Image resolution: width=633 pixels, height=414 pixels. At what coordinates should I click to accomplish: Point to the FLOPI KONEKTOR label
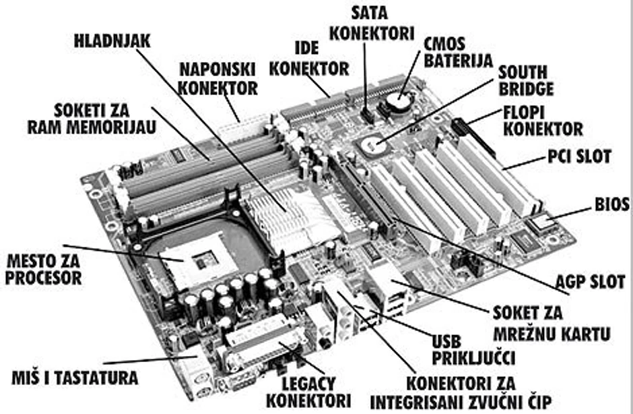pyautogui.click(x=543, y=119)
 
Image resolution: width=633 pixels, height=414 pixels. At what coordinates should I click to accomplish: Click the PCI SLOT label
pyautogui.click(x=580, y=158)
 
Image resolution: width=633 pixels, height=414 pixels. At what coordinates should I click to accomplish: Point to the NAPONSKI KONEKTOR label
pyautogui.click(x=218, y=79)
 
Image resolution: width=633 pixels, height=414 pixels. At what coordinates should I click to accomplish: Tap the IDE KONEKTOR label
pyautogui.click(x=313, y=59)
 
